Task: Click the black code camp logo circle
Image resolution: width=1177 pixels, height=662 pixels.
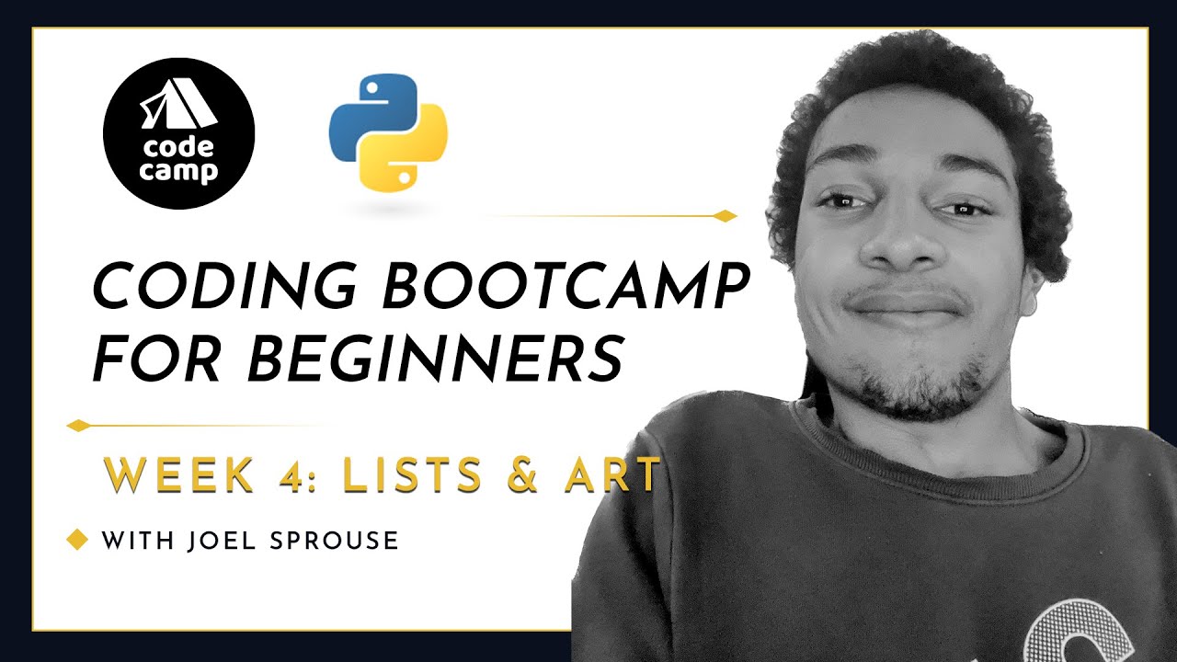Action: (x=178, y=133)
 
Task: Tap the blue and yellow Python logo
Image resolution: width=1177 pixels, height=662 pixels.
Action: (x=388, y=133)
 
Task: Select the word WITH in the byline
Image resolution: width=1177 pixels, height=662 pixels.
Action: (x=138, y=541)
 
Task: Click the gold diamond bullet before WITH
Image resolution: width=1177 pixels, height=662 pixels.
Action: (x=77, y=539)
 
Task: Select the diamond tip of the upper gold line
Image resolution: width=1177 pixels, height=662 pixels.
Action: (x=726, y=216)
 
